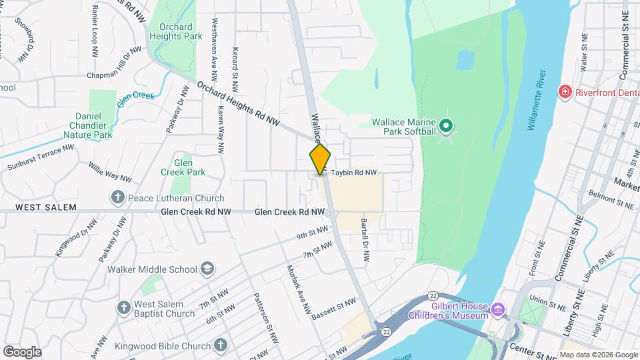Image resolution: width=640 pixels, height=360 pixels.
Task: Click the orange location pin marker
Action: point(321,159)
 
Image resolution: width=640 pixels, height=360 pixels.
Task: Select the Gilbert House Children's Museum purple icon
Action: point(497,309)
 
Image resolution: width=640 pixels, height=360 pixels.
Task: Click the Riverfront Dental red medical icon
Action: point(565,91)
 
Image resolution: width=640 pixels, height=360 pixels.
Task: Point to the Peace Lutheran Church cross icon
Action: point(117,197)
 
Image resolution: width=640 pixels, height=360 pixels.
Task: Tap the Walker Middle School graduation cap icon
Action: point(207,269)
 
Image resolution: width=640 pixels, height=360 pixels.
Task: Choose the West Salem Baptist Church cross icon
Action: point(123,308)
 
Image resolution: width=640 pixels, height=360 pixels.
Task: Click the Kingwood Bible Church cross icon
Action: point(221,345)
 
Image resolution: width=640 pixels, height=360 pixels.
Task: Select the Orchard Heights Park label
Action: point(175,31)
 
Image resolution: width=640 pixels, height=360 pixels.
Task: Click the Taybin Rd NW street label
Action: point(354,173)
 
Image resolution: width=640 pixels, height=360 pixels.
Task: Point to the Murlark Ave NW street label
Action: point(299,290)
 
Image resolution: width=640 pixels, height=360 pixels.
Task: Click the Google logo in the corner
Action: point(22,351)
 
